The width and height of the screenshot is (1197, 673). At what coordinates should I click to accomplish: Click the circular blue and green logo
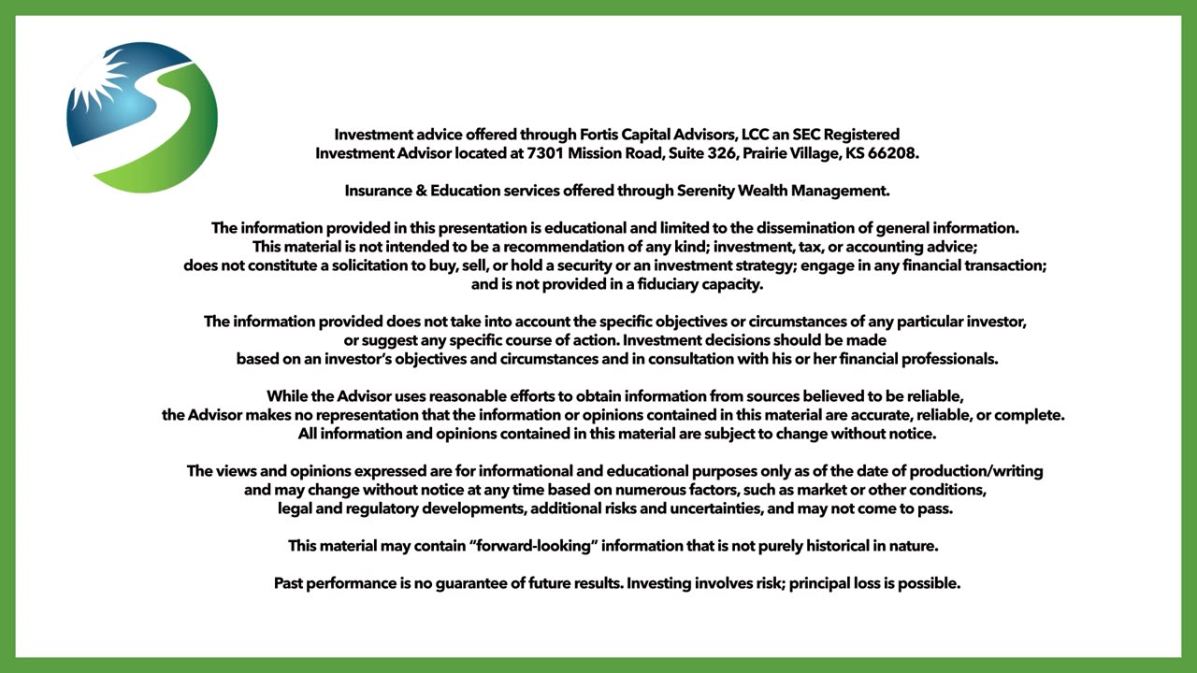click(x=142, y=117)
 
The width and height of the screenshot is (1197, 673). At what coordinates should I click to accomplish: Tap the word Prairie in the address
click(x=772, y=153)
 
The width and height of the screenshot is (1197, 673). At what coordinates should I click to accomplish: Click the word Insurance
click(x=380, y=191)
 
